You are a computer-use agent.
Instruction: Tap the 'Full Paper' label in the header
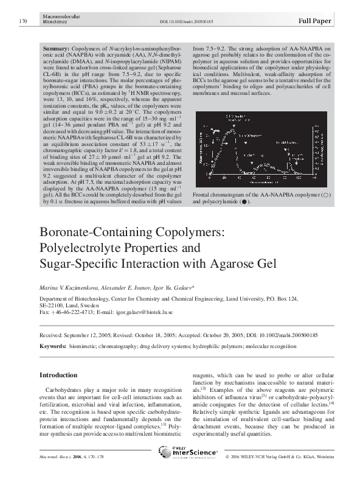click(314, 21)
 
